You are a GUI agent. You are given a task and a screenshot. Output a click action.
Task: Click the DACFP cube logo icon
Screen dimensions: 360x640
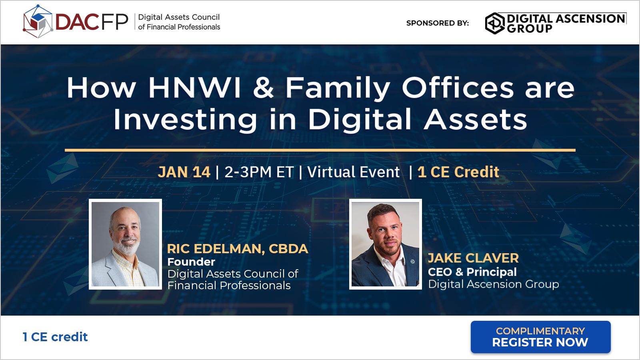click(x=38, y=22)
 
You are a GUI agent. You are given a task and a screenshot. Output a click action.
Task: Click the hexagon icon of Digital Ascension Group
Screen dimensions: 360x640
click(x=495, y=23)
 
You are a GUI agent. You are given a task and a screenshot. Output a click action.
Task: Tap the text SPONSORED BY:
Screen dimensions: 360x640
click(x=437, y=23)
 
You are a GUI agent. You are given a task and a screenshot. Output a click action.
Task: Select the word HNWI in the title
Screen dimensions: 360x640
click(x=195, y=88)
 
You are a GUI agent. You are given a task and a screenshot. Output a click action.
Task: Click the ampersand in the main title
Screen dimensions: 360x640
click(x=263, y=88)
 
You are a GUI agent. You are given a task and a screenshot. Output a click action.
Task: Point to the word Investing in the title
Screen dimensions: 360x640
click(x=185, y=120)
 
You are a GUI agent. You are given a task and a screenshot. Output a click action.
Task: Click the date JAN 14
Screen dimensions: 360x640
click(x=184, y=172)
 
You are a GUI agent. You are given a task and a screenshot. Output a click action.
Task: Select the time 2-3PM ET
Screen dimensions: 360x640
click(x=259, y=172)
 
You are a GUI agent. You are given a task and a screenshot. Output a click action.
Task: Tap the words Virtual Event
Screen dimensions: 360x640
click(x=353, y=172)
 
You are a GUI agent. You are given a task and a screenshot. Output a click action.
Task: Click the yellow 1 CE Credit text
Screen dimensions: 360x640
click(x=458, y=172)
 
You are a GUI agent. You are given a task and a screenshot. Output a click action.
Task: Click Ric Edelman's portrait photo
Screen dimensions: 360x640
click(x=125, y=244)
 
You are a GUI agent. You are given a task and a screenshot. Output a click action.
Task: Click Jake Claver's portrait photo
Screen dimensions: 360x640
click(x=385, y=244)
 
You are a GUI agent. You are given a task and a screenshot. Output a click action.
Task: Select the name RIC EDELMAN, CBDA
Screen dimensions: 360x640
click(x=238, y=249)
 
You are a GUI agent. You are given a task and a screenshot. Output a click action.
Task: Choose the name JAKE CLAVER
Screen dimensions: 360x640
click(x=473, y=258)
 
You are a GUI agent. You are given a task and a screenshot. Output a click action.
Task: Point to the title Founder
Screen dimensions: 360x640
click(x=191, y=262)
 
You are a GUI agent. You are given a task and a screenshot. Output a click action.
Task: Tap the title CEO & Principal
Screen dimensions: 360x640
click(x=472, y=272)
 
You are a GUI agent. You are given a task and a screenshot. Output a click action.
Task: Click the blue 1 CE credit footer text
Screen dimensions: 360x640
click(x=55, y=337)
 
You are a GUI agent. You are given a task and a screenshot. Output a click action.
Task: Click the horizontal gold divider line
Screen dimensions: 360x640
click(x=320, y=150)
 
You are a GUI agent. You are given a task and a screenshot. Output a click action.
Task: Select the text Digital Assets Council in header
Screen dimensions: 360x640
click(x=179, y=17)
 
